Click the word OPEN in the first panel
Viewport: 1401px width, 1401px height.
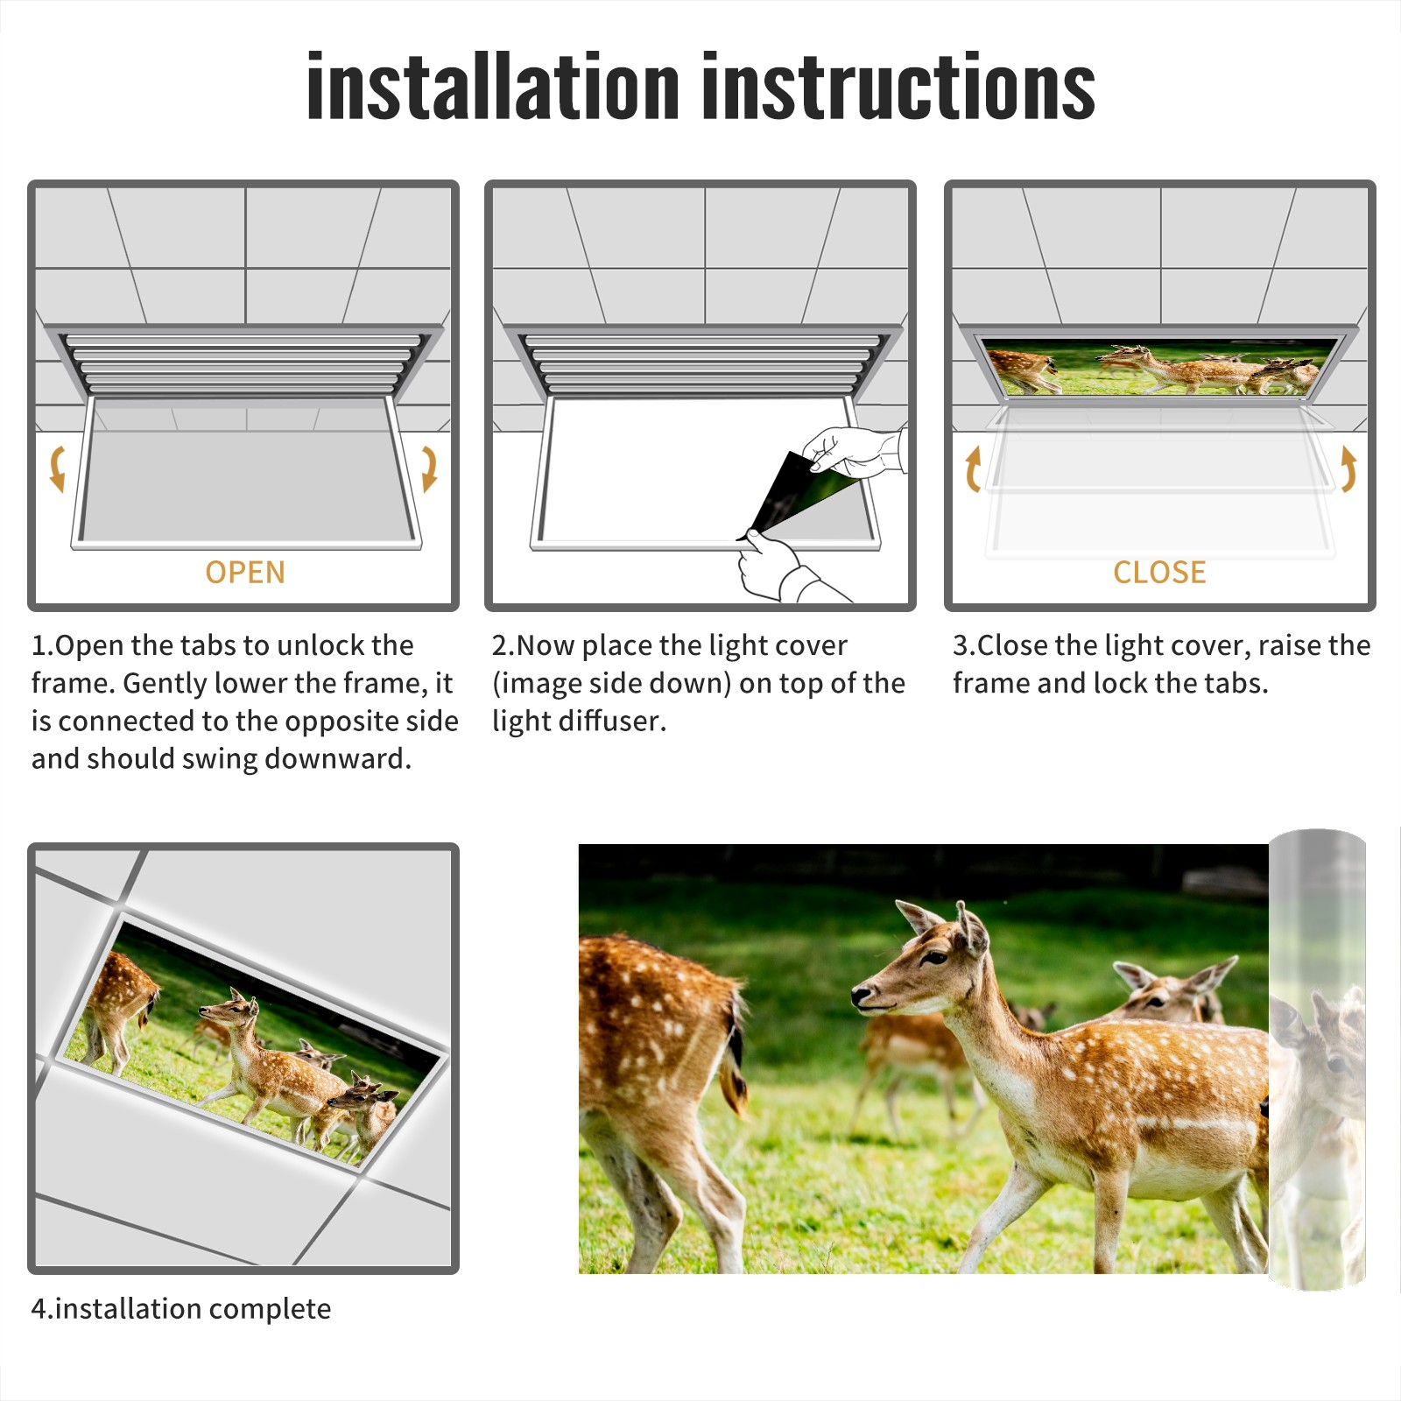click(x=245, y=573)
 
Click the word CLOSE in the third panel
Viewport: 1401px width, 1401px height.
click(x=1159, y=573)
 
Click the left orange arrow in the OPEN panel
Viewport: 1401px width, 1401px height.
click(x=57, y=468)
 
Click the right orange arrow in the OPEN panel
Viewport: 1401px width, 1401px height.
click(x=429, y=468)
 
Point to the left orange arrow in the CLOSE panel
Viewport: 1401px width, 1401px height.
click(x=973, y=468)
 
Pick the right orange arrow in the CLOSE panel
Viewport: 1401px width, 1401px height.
click(x=1348, y=468)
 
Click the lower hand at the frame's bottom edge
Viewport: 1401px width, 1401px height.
click(x=784, y=569)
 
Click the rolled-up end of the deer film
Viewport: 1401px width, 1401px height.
click(x=1317, y=1060)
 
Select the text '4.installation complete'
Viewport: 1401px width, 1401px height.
click(x=181, y=1309)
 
